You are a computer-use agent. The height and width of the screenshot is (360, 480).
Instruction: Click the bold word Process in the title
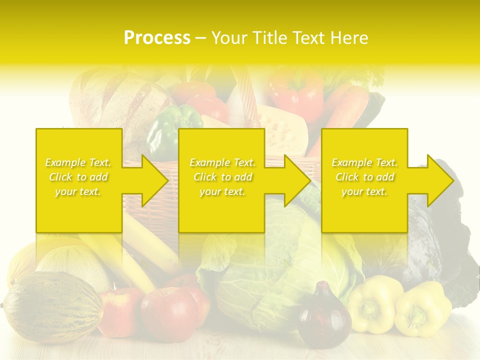(x=157, y=38)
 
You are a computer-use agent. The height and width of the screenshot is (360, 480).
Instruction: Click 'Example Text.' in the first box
(x=78, y=162)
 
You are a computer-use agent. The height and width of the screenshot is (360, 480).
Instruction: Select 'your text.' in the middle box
(x=222, y=191)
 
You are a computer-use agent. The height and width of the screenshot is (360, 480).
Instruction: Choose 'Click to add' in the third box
(x=364, y=177)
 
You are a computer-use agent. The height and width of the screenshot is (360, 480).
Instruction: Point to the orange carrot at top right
(x=345, y=110)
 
